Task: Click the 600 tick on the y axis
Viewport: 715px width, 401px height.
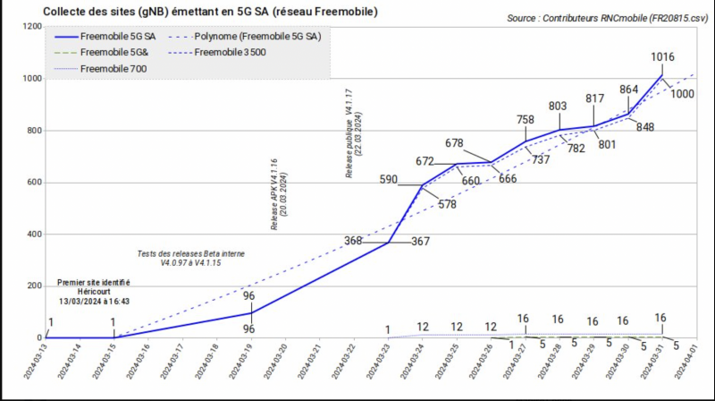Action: coord(33,183)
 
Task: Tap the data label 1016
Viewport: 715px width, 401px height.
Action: coord(662,57)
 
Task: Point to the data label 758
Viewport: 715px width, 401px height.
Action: coord(526,120)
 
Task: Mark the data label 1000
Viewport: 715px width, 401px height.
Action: coord(684,94)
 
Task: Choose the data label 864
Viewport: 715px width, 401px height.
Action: coord(628,90)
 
